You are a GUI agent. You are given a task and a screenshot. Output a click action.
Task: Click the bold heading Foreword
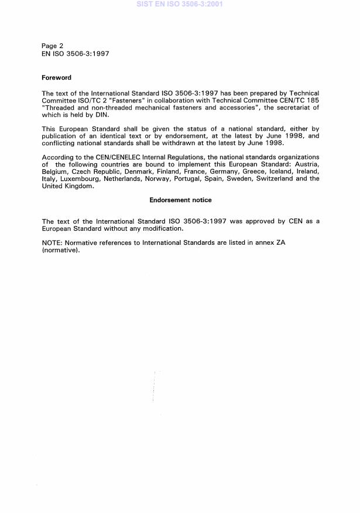(x=56, y=77)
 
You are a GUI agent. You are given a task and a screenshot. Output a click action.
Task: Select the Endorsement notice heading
(x=180, y=200)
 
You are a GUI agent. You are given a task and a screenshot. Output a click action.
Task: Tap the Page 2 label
(x=53, y=46)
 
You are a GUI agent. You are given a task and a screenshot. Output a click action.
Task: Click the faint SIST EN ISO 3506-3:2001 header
(x=179, y=4)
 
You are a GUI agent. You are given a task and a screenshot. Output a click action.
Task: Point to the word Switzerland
(x=276, y=179)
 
